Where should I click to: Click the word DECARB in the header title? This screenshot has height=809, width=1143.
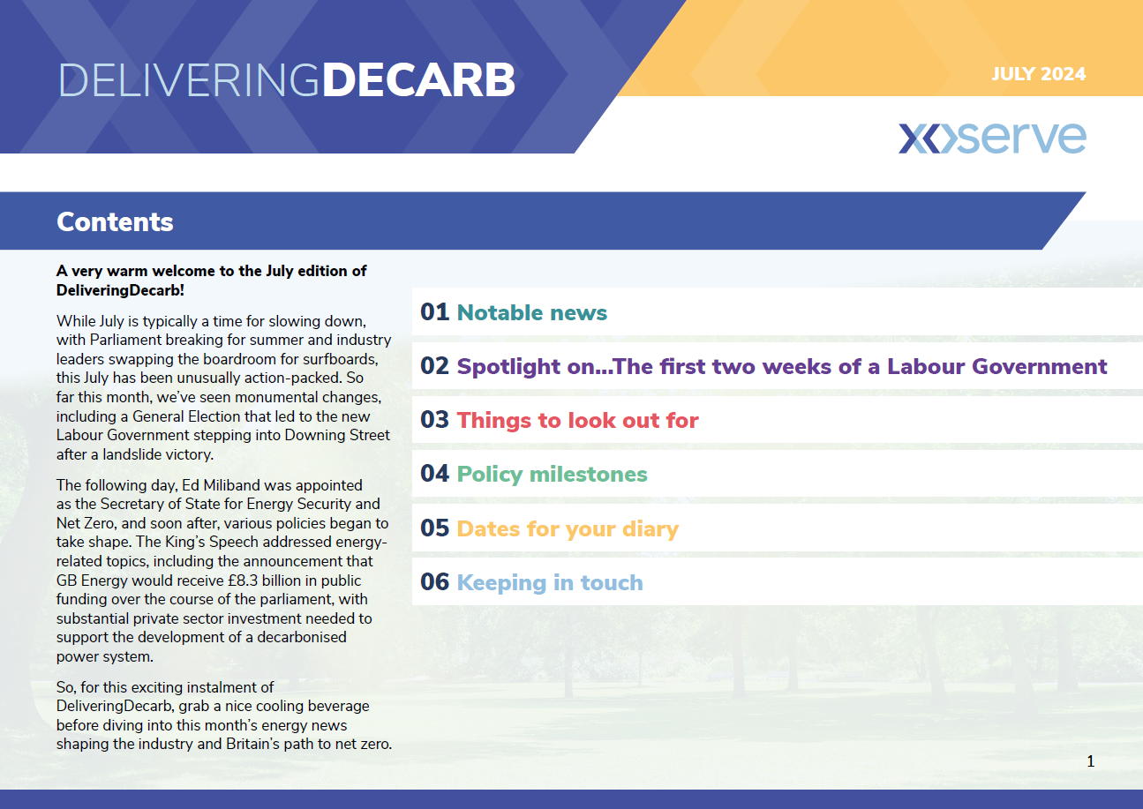[x=418, y=80]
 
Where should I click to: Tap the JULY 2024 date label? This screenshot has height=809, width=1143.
[x=1038, y=74]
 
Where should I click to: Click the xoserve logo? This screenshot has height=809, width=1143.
[x=992, y=138]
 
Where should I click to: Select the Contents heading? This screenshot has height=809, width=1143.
[x=115, y=222]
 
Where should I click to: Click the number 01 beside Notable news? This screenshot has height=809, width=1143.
[x=434, y=312]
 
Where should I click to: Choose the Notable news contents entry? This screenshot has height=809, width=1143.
[x=531, y=312]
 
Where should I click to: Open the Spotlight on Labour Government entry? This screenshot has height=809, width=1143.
[x=782, y=366]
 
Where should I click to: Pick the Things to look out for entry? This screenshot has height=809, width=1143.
[x=577, y=420]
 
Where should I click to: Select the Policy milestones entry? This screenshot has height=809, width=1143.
[x=552, y=475]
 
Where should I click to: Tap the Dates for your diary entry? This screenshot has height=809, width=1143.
[x=568, y=529]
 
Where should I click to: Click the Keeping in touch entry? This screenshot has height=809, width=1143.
[x=550, y=582]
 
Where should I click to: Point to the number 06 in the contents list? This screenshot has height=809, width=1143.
[x=434, y=582]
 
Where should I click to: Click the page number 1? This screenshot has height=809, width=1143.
[x=1090, y=761]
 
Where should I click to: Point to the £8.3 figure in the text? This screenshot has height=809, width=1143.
[x=243, y=581]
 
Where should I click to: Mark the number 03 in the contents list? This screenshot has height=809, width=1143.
[x=434, y=420]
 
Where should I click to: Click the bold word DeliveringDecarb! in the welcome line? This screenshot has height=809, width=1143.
[x=120, y=290]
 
